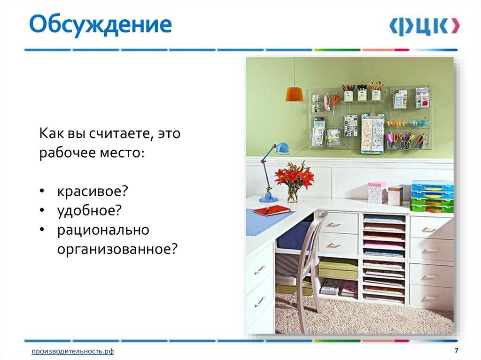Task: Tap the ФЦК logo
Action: [x=424, y=26]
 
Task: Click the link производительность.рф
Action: [x=73, y=351]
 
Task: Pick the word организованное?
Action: [x=117, y=249]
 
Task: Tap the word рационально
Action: [x=103, y=230]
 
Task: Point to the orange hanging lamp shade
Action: [x=293, y=94]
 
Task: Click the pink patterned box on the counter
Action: [x=377, y=192]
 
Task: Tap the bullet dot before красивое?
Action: [x=42, y=192]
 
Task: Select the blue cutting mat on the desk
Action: [x=263, y=219]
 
